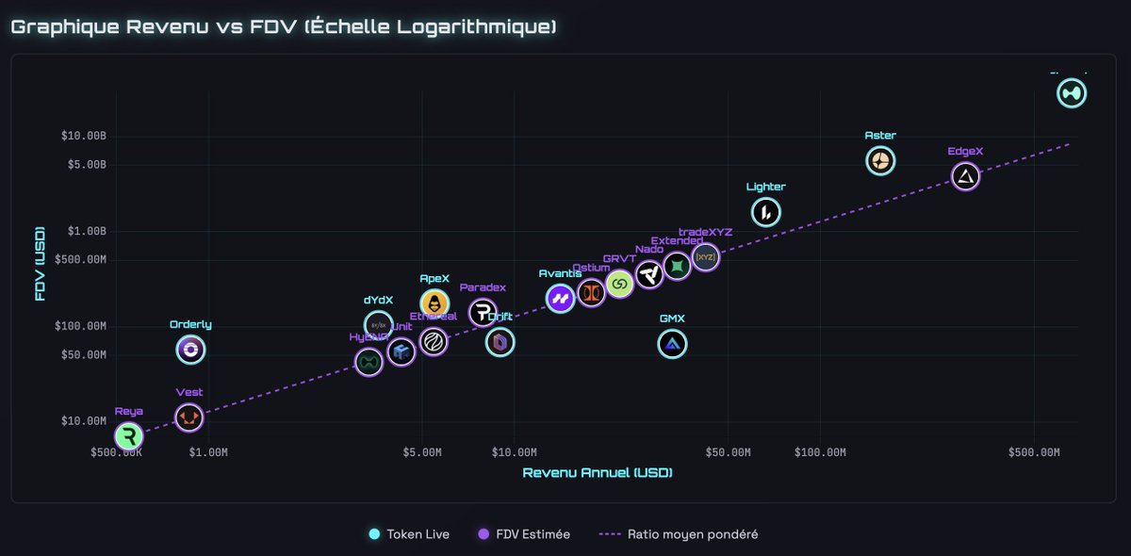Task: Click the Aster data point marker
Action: (x=880, y=161)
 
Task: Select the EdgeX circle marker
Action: (x=965, y=176)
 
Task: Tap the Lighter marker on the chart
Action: (x=765, y=213)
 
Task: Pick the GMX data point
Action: (x=672, y=345)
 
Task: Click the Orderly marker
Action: (x=190, y=351)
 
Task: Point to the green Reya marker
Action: (x=129, y=436)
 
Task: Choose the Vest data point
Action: (x=188, y=417)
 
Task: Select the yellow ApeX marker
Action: (x=434, y=303)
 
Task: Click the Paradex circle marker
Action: (x=483, y=312)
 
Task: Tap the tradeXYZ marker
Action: (x=705, y=256)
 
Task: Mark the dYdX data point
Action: (x=378, y=325)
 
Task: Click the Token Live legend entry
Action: (x=409, y=534)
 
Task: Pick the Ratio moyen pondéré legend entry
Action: (x=679, y=534)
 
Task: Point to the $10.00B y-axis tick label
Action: (x=83, y=136)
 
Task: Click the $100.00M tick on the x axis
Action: (x=820, y=452)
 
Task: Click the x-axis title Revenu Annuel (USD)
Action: (x=598, y=472)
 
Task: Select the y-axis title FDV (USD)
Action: (x=40, y=263)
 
